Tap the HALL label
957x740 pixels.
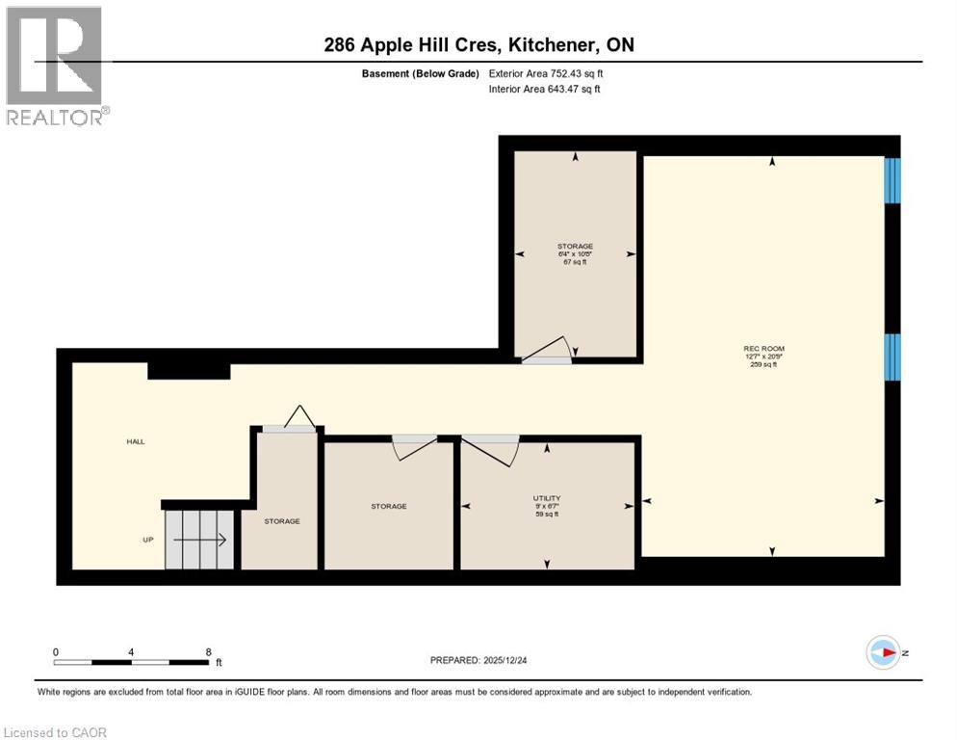135,441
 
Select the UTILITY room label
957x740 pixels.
547,499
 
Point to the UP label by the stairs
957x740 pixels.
148,540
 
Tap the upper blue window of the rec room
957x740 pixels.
892,180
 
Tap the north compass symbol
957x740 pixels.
883,652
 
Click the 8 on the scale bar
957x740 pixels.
208,651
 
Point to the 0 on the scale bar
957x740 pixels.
56,651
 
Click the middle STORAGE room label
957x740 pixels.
390,506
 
